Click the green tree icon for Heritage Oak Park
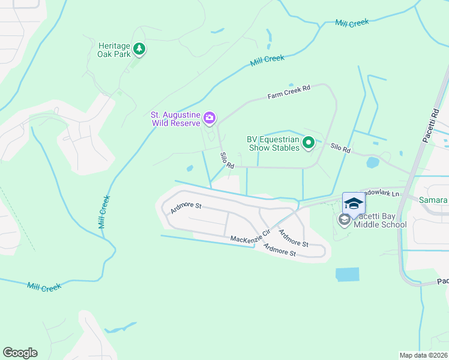pos(139,49)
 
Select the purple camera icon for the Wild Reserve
pos(209,118)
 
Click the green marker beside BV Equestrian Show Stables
pos(309,142)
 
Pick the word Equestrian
pos(279,139)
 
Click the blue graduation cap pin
pos(354,203)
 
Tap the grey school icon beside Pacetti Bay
pos(345,220)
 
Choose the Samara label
pos(433,200)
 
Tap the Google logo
pos(20,353)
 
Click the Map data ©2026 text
pos(423,355)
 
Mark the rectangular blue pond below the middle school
pos(346,275)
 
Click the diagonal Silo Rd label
pos(226,160)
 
